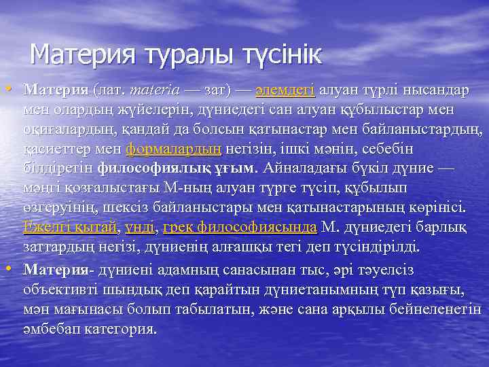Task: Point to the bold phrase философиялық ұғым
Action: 177,167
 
